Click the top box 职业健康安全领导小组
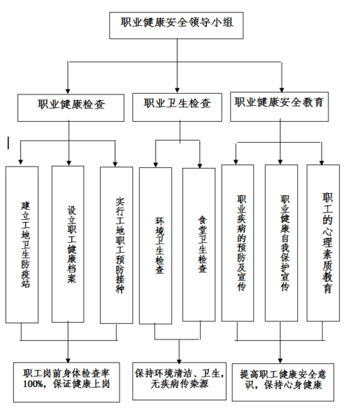point(181,26)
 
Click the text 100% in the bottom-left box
point(35,386)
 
